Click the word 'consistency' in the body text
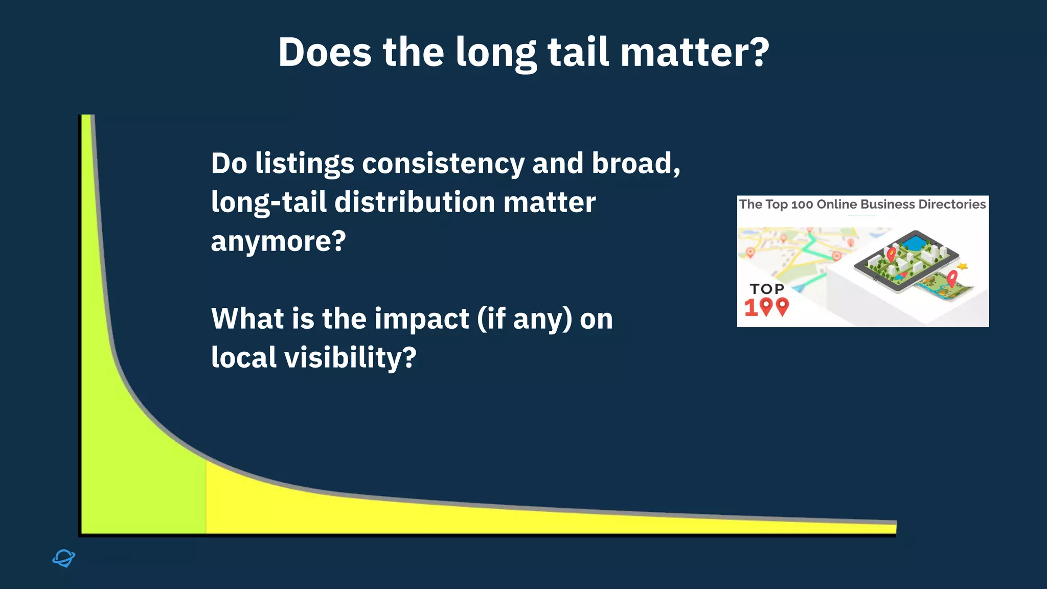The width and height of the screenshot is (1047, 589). pyautogui.click(x=443, y=164)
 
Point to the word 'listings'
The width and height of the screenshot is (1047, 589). pyautogui.click(x=305, y=164)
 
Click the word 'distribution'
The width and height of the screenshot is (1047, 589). pyautogui.click(x=415, y=202)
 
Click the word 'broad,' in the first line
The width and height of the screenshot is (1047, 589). pyautogui.click(x=636, y=164)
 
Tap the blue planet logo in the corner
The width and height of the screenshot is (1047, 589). pyautogui.click(x=64, y=558)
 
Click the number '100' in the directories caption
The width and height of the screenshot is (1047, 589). pyautogui.click(x=802, y=205)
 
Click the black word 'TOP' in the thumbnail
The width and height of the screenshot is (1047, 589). pyautogui.click(x=767, y=289)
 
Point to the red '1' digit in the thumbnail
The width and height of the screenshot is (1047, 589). pyautogui.click(x=750, y=308)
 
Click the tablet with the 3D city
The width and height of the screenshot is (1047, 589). pyautogui.click(x=905, y=261)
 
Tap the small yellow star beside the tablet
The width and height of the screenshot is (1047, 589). pyautogui.click(x=963, y=266)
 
